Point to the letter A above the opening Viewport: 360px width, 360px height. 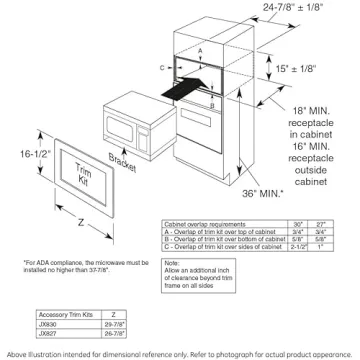pyautogui.click(x=200, y=47)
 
